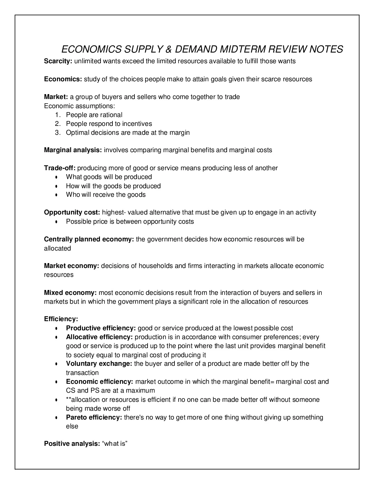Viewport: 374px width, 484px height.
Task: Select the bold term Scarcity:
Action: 58,61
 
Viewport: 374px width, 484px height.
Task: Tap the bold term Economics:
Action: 63,79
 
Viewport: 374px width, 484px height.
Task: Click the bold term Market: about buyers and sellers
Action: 56,97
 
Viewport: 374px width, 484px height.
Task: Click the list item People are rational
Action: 94,115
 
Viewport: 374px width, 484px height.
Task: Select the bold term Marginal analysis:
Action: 73,150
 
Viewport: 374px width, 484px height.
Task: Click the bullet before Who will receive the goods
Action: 57,195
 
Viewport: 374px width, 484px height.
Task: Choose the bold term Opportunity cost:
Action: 72,212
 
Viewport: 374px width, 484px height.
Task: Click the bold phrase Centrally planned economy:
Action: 89,239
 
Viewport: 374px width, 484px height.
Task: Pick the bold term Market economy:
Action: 71,266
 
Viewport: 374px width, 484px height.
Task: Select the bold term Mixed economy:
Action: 70,293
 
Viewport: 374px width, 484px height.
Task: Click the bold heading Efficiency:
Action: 61,319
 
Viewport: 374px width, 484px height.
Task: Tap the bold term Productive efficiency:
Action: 101,328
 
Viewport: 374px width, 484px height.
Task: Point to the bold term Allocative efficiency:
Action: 99,337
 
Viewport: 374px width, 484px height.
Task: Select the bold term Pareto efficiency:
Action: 94,417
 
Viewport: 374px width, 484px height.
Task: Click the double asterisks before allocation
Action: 68,399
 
